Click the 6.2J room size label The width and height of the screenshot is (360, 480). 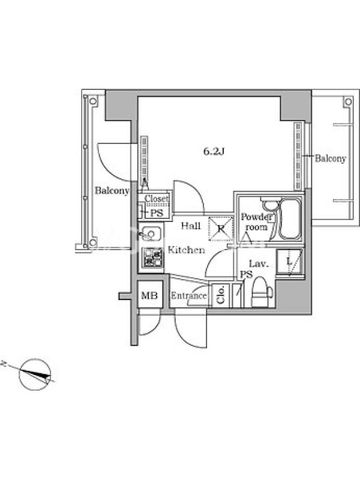(214, 152)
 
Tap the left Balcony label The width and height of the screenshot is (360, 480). (112, 190)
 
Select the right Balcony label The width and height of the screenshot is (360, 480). (331, 158)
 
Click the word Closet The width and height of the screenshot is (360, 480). (157, 199)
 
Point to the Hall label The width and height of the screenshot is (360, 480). (191, 226)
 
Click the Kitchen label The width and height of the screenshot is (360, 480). (187, 250)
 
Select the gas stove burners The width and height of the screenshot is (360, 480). (152, 257)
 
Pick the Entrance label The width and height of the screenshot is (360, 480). (188, 296)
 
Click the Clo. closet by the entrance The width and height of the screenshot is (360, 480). (221, 295)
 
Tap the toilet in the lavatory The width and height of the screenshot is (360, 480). (262, 292)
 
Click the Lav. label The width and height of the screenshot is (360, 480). (259, 263)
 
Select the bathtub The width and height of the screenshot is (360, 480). (290, 219)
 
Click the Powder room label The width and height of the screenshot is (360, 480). (256, 222)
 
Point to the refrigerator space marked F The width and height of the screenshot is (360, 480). (221, 229)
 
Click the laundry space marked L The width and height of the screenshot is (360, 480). (289, 262)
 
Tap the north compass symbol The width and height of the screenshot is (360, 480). (35, 374)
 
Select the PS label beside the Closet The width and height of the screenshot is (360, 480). (157, 213)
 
